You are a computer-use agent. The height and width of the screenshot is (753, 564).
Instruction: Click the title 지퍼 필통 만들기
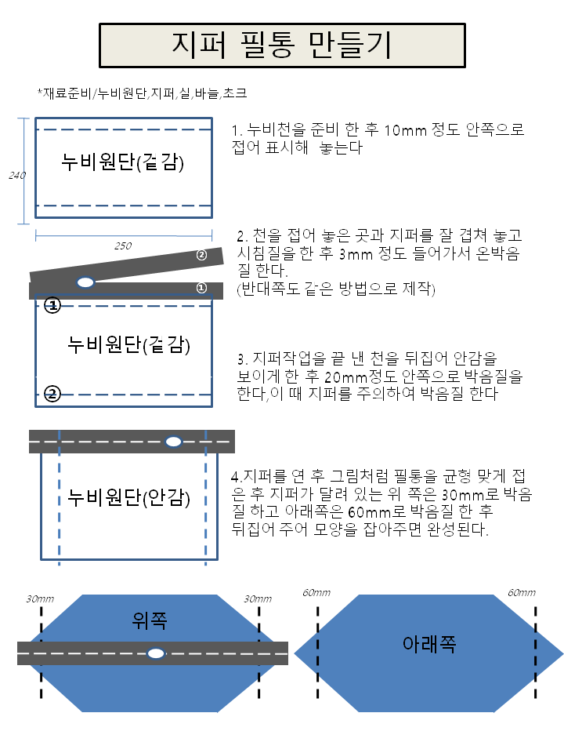tap(282, 45)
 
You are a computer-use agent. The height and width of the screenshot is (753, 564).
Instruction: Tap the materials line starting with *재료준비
tap(143, 93)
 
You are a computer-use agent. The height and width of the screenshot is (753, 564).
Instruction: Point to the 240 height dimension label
tap(17, 175)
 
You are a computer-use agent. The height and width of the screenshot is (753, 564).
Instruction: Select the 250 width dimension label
tap(123, 246)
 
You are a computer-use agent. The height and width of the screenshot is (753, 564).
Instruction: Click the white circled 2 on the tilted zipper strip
tap(201, 255)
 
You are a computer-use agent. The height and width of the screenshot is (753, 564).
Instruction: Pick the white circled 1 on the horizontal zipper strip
tap(201, 288)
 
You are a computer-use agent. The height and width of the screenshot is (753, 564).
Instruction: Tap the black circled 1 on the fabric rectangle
tap(52, 305)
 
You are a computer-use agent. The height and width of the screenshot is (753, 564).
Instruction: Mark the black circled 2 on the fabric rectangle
tap(52, 395)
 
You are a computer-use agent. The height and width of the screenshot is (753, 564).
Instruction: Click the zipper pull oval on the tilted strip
tap(85, 282)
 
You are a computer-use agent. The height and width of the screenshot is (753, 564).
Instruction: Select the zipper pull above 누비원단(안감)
tap(173, 442)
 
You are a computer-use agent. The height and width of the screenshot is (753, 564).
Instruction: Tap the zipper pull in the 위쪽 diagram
tap(155, 653)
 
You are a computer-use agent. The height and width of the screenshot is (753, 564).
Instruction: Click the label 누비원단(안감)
tap(129, 497)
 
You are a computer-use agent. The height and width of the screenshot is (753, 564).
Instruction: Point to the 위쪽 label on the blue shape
tap(150, 620)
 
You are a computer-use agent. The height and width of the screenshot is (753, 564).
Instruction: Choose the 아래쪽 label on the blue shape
tap(429, 643)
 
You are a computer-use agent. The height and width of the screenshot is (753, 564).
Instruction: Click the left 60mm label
tap(316, 593)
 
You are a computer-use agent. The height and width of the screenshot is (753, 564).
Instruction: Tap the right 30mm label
tap(258, 598)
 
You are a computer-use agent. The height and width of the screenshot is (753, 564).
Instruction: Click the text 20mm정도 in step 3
tap(361, 376)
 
